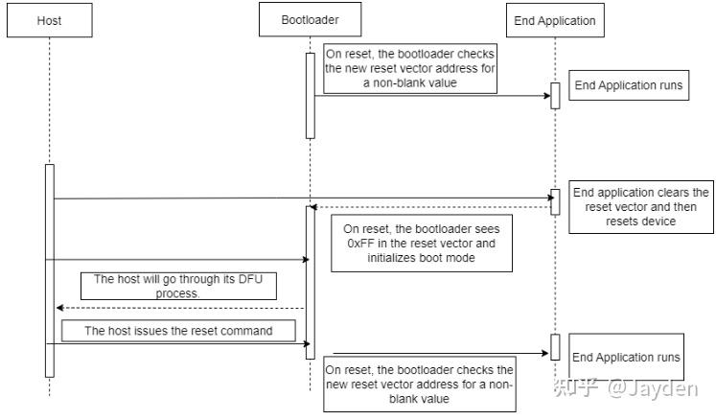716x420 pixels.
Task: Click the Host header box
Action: pos(49,20)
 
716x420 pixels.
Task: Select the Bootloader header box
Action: pos(310,20)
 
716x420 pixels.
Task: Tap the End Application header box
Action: pos(554,20)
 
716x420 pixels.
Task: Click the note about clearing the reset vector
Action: pos(640,206)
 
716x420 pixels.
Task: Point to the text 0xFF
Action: pos(358,244)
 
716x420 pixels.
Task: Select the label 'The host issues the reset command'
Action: pos(177,331)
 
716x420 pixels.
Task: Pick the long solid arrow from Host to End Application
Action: pos(288,198)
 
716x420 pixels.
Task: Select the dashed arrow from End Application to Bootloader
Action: pos(431,207)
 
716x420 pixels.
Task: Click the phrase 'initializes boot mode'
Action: pos(421,258)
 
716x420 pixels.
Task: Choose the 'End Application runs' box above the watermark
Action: pos(626,357)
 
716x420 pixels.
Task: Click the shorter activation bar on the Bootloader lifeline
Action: pos(310,95)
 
